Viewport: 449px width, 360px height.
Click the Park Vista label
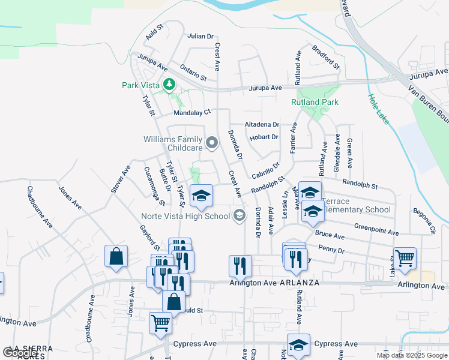pyautogui.click(x=141, y=85)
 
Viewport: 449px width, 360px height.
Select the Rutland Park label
pyautogui.click(x=315, y=103)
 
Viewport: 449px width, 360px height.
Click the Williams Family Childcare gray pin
pyautogui.click(x=211, y=143)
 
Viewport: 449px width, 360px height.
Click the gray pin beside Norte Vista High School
pyautogui.click(x=240, y=215)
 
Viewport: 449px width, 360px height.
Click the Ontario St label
pyautogui.click(x=193, y=71)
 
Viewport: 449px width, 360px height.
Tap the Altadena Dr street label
pyautogui.click(x=262, y=125)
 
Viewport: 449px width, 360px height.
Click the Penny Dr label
pyautogui.click(x=331, y=248)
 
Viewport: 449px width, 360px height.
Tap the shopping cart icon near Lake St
pyautogui.click(x=405, y=258)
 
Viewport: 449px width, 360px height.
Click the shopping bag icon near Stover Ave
pyautogui.click(x=116, y=256)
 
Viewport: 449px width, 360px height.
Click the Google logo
pyautogui.click(x=20, y=353)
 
